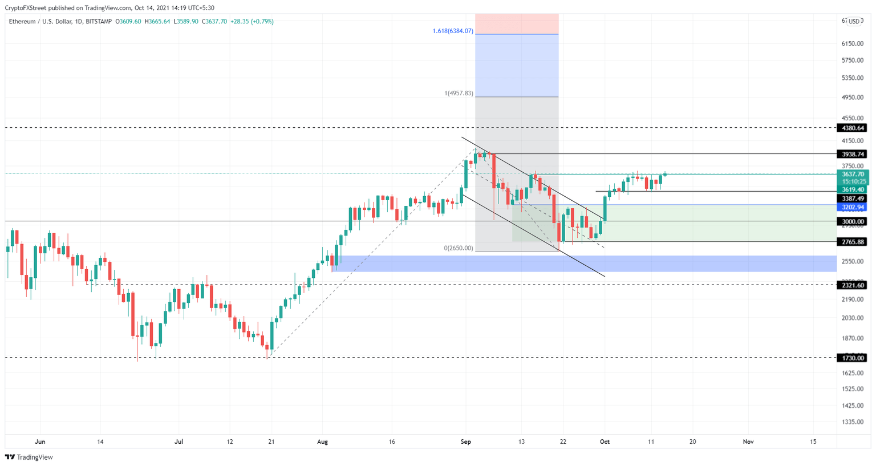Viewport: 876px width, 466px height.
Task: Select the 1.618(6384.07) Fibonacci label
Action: point(453,31)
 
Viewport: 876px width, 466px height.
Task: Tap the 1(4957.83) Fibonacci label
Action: point(459,94)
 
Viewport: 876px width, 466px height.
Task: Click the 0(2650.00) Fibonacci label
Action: point(459,248)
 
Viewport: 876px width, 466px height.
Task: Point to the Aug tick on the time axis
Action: point(323,442)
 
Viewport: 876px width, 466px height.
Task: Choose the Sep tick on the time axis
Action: point(466,442)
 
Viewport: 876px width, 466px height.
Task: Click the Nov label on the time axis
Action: point(748,442)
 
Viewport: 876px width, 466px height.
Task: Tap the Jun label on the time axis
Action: point(40,442)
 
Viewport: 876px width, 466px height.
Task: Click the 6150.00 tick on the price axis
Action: point(852,43)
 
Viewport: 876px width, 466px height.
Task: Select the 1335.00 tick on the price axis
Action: point(852,422)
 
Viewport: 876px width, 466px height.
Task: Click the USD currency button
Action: point(854,22)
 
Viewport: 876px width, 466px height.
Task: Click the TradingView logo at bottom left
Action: point(29,457)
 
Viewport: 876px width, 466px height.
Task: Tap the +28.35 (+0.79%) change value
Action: point(252,22)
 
